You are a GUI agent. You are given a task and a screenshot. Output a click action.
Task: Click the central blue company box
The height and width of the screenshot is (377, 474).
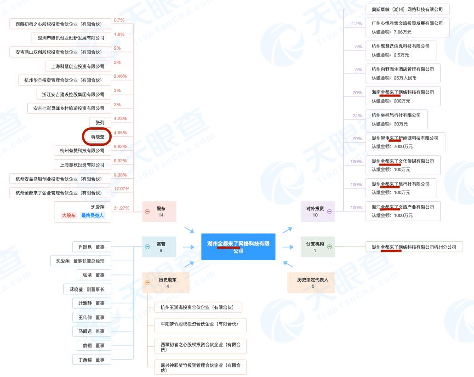point(238,247)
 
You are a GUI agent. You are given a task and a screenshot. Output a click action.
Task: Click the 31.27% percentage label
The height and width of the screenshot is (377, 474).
point(121,208)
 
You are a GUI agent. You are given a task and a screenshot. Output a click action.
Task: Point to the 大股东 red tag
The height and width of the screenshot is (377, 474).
point(69,216)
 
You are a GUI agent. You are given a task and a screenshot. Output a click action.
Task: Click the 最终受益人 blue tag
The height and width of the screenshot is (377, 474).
point(93,216)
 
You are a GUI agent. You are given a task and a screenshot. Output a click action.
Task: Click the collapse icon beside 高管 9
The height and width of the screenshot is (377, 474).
point(147,247)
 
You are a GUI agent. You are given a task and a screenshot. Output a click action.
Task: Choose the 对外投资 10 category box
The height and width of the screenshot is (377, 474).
point(315,211)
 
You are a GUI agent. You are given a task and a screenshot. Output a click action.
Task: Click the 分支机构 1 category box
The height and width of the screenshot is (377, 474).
point(315,247)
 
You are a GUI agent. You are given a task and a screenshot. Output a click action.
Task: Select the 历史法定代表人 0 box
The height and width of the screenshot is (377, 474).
point(312,282)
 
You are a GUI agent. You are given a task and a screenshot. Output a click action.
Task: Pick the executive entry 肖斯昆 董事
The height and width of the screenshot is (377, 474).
point(91,247)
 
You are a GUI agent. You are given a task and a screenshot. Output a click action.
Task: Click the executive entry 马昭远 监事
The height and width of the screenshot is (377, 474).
point(91,331)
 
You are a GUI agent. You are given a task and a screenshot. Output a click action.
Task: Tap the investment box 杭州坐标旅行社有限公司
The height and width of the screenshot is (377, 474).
point(396,119)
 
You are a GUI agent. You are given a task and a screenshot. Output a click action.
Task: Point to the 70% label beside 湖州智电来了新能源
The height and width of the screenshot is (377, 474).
point(357,138)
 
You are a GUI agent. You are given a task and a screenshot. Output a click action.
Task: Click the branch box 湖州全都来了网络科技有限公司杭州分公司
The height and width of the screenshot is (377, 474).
point(414,247)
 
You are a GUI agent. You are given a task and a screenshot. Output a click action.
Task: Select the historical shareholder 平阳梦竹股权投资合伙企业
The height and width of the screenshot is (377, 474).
point(197,324)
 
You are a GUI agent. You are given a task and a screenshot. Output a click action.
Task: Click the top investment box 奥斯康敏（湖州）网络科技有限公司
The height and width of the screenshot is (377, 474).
point(407,9)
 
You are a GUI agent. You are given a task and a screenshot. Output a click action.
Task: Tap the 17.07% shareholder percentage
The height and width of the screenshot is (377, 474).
point(121,188)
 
